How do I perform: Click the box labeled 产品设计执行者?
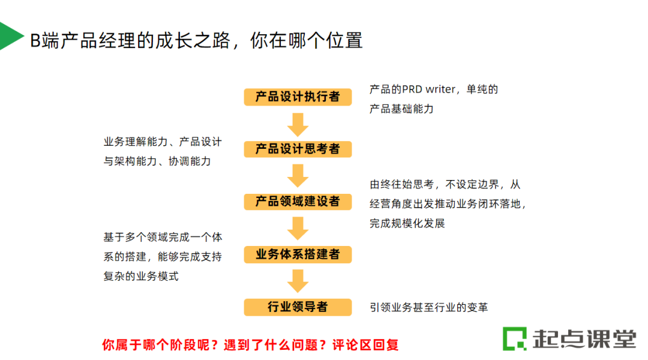[x=298, y=97]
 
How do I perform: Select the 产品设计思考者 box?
[x=298, y=149]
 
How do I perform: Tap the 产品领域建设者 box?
[x=298, y=202]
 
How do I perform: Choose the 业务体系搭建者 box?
[x=298, y=254]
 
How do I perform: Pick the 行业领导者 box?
[x=298, y=307]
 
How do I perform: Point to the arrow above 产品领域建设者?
[x=298, y=175]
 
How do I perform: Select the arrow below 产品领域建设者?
[x=298, y=228]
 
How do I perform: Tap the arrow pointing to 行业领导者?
[x=298, y=281]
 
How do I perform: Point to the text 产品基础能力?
[x=401, y=109]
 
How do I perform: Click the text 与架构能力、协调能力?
[x=157, y=161]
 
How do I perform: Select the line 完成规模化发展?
[x=407, y=223]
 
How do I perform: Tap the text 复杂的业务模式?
[x=141, y=276]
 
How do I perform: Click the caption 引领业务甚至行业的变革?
[x=429, y=307]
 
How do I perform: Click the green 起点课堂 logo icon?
[x=514, y=338]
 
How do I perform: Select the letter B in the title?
[x=35, y=40]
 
